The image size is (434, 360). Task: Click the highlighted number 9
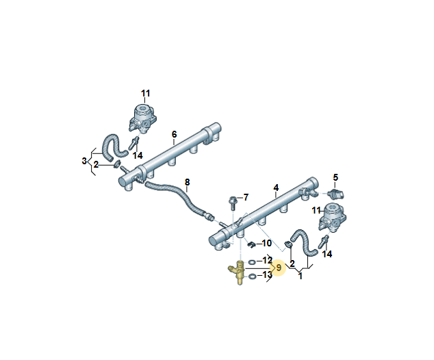pos(279,268)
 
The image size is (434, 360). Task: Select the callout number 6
pos(174,134)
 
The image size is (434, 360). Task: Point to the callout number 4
pos(276,187)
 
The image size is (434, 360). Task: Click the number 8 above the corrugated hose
pos(187,182)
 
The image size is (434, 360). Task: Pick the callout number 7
pos(246,198)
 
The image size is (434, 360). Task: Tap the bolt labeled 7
pos(233,201)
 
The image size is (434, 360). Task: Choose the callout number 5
pos(335,178)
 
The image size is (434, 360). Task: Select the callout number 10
pos(267,243)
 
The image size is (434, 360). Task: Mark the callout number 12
pos(267,261)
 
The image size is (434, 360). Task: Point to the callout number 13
pos(267,275)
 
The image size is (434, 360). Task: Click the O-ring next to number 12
pos(253,261)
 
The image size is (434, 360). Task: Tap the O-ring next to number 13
pos(253,276)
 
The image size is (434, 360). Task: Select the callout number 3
pos(84,161)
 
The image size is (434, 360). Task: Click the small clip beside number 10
pos(252,243)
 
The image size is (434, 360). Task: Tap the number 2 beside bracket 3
pos(97,164)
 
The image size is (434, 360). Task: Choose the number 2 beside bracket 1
pos(292,263)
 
